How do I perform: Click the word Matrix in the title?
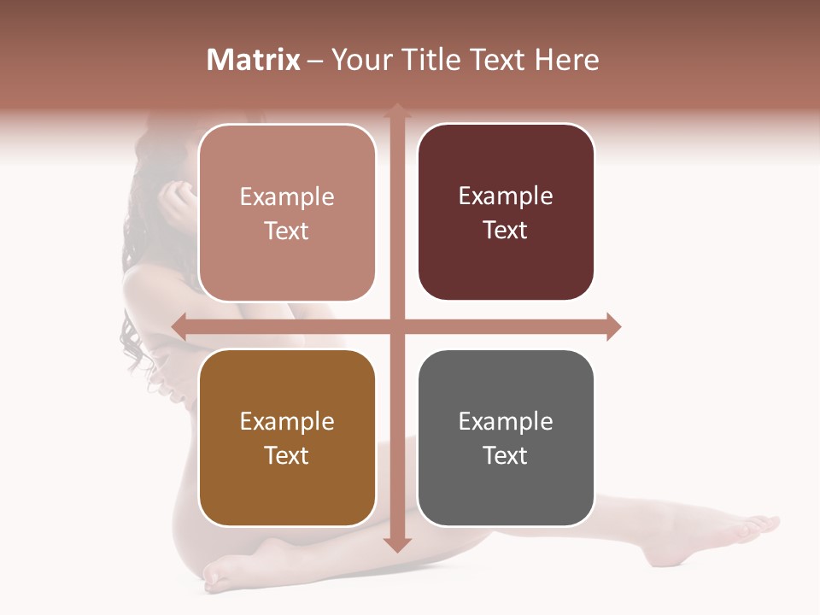254,60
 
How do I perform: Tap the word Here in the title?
566,60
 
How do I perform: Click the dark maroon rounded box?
506,212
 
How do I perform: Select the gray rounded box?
506,437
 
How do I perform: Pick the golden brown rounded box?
287,437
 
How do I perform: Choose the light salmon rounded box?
287,213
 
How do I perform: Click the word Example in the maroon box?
506,196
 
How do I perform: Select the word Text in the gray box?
506,455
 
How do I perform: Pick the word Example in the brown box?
287,421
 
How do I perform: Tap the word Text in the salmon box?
287,231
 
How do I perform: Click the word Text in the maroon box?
506,230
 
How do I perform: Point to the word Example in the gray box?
506,421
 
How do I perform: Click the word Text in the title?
499,60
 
